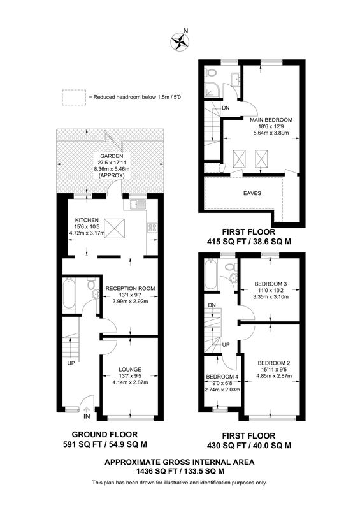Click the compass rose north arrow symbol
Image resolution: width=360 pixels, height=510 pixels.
click(x=180, y=41)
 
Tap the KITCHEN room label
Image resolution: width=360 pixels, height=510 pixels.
click(x=87, y=220)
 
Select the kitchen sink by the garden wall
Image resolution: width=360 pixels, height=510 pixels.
click(x=137, y=204)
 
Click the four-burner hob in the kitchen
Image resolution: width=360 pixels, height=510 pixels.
click(x=152, y=228)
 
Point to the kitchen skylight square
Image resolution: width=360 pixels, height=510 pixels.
click(x=115, y=228)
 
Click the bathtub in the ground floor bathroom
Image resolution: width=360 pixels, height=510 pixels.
click(x=69, y=293)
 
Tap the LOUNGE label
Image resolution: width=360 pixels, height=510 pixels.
click(x=130, y=370)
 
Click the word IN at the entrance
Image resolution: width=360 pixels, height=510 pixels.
click(x=87, y=416)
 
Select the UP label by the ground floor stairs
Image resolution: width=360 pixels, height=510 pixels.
click(x=71, y=363)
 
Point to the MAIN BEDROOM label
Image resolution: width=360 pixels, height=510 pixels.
click(x=271, y=120)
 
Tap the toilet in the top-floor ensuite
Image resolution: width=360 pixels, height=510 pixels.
click(x=211, y=72)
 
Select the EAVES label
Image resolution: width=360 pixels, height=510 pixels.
click(x=252, y=193)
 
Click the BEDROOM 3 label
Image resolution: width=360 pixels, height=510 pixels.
click(x=271, y=284)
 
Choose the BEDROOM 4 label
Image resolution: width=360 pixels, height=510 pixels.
click(x=222, y=377)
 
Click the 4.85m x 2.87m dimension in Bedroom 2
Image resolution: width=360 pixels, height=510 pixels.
click(x=274, y=376)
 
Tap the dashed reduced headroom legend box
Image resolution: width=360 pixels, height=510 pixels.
click(x=74, y=98)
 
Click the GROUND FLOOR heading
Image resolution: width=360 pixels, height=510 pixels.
click(x=104, y=434)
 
